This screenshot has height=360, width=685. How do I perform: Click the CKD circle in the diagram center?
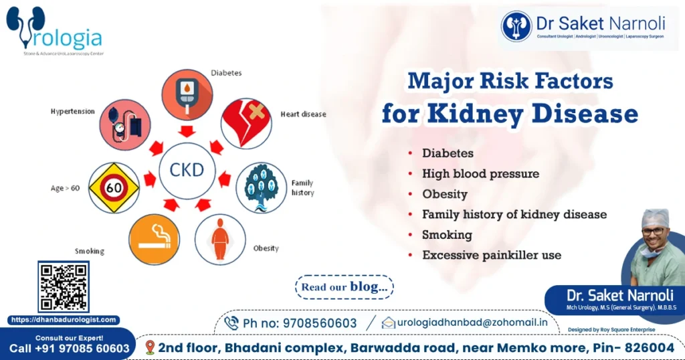tap(187, 170)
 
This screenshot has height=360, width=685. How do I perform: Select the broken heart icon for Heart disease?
tap(246, 122)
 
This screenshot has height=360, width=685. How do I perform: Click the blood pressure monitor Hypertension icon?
tap(124, 124)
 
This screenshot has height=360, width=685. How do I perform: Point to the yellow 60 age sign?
tap(114, 187)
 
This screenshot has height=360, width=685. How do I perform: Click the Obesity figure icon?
tap(219, 240)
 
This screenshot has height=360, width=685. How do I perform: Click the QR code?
tap(63, 287)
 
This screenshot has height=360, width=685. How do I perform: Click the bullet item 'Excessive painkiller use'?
tap(491, 255)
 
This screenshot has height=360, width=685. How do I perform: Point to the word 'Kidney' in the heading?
tap(476, 113)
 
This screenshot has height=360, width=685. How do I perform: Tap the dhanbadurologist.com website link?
tap(64, 321)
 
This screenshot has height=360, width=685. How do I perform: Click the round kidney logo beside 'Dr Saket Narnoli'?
tap(516, 26)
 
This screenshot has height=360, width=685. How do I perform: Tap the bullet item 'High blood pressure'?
tap(480, 173)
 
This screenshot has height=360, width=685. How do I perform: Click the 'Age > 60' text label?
tap(65, 188)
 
